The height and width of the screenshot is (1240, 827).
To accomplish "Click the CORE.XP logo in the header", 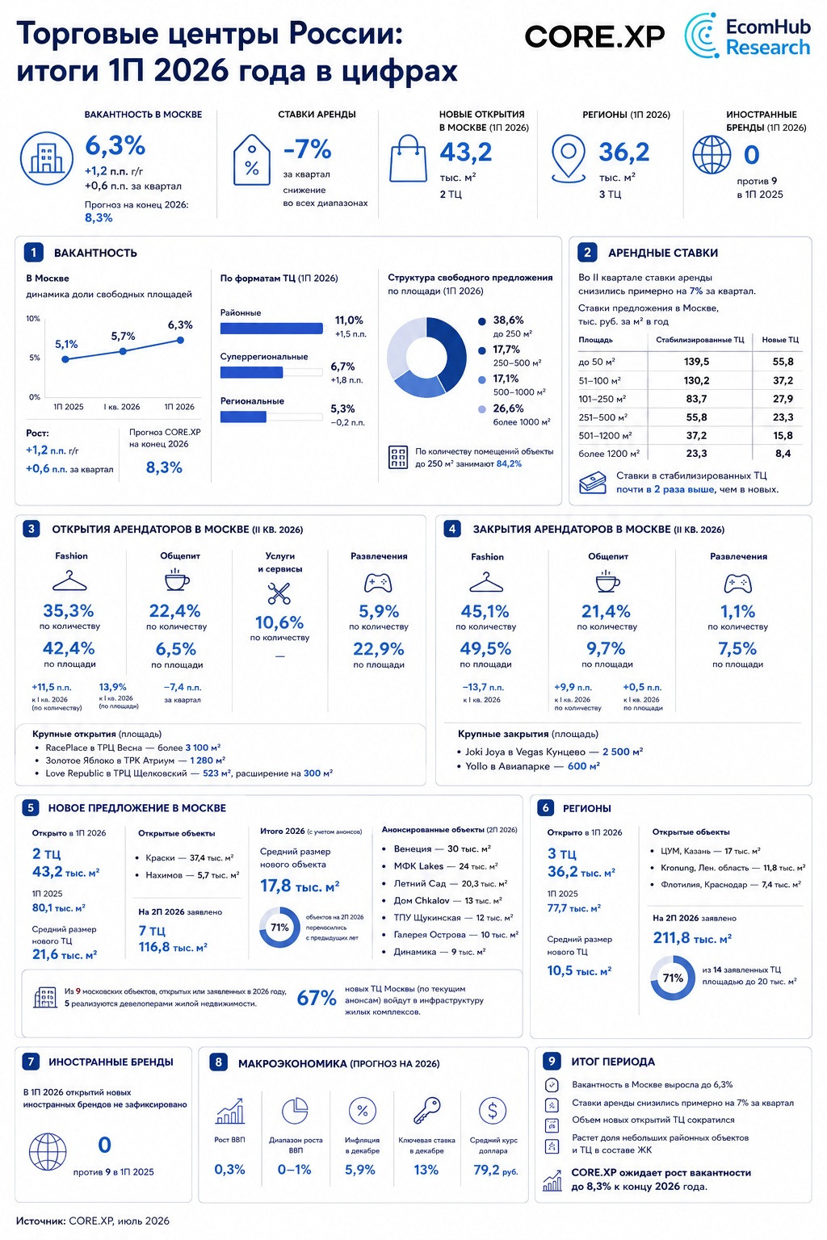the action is click(x=594, y=37).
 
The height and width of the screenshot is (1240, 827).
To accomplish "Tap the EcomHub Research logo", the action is click(x=747, y=36).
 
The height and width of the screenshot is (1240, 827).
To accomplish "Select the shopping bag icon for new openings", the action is click(x=408, y=158).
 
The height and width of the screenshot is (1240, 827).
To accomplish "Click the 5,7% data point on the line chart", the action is click(x=123, y=351).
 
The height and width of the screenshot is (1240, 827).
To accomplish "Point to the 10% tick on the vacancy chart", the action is click(x=33, y=318).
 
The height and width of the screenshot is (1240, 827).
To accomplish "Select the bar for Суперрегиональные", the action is click(x=251, y=372).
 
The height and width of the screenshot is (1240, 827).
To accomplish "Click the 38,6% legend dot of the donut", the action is click(x=482, y=321).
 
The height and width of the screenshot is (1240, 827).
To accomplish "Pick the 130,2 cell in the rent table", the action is click(x=696, y=380).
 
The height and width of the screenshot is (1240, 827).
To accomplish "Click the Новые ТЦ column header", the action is click(x=780, y=339).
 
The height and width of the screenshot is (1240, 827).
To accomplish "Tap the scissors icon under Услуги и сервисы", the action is click(x=279, y=593).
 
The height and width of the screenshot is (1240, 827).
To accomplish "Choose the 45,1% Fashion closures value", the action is click(x=485, y=611).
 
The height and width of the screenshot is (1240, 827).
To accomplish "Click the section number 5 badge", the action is click(x=31, y=807).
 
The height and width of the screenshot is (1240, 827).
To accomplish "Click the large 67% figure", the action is click(x=317, y=998).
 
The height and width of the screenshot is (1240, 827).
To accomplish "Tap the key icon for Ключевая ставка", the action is click(x=426, y=1111).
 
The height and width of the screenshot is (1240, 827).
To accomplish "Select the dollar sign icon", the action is click(x=493, y=1111).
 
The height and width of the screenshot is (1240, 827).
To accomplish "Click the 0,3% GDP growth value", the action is click(x=229, y=1170).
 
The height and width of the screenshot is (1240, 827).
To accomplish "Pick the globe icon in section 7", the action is click(x=47, y=1153).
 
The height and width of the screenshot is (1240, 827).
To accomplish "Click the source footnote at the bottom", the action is click(x=93, y=1221).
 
